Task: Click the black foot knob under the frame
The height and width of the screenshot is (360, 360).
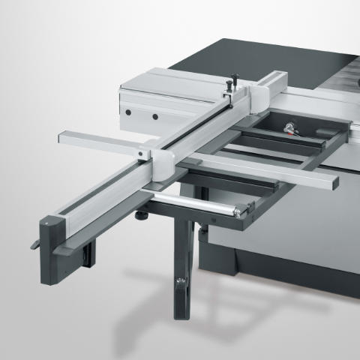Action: pos(141,215)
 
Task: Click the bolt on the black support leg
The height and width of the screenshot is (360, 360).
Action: pos(179,283)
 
